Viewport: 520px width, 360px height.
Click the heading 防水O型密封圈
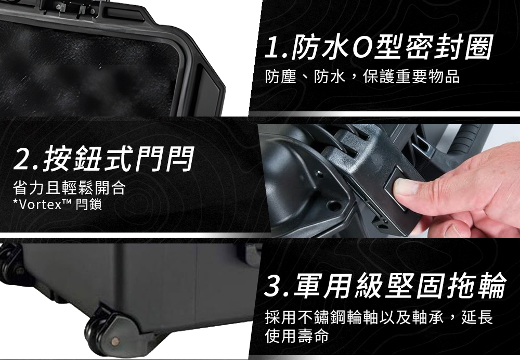click(392, 48)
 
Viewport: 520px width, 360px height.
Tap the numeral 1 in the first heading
click(274, 48)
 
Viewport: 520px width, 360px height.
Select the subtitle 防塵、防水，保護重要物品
click(362, 77)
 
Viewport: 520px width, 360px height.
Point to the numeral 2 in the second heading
click(22, 160)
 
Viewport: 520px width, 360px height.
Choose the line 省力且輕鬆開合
click(69, 187)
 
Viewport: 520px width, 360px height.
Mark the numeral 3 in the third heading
click(274, 286)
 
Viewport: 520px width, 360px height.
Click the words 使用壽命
click(297, 335)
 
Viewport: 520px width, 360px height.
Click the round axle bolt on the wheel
click(115, 341)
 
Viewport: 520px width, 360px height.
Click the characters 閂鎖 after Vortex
click(88, 204)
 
